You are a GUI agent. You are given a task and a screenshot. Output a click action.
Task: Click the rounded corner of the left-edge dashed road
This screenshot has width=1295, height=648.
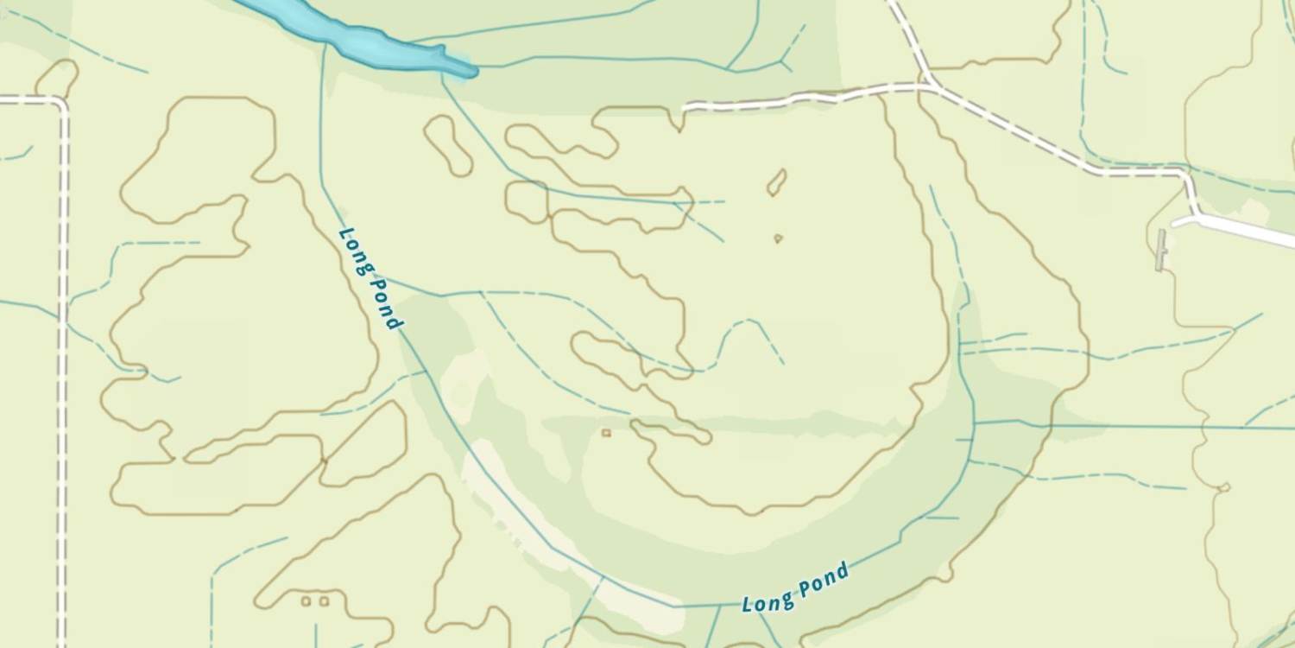pyautogui.click(x=60, y=104)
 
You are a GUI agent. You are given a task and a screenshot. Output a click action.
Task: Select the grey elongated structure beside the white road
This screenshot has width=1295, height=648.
pyautogui.click(x=1161, y=250)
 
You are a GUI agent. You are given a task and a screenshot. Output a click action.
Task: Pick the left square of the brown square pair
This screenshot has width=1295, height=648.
pyautogui.click(x=306, y=600)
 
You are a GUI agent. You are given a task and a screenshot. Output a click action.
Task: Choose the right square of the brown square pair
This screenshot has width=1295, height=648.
pyautogui.click(x=324, y=600)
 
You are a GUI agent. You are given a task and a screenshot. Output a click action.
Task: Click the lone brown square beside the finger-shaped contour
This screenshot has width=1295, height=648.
pyautogui.click(x=606, y=432)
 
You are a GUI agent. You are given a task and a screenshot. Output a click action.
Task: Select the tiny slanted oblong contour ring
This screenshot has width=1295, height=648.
pyautogui.click(x=777, y=181)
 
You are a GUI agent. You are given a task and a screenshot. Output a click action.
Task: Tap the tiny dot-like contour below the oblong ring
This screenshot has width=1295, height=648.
pyautogui.click(x=778, y=238)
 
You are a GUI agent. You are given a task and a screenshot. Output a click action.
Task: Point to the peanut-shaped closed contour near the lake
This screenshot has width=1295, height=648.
pyautogui.click(x=449, y=145)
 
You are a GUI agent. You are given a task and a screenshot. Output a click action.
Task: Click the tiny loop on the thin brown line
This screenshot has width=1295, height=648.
pyautogui.click(x=1223, y=488)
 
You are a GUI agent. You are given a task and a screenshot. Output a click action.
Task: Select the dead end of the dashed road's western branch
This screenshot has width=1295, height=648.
pyautogui.click(x=686, y=109)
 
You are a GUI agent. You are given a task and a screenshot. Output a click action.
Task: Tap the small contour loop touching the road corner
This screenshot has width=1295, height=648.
pyautogui.click(x=57, y=79)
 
